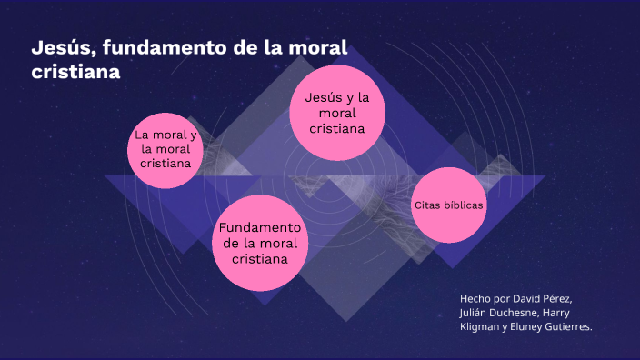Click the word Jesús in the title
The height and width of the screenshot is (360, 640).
[x=60, y=47]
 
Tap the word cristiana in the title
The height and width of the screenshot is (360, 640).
[x=76, y=71]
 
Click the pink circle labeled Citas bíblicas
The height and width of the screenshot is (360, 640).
[x=449, y=205]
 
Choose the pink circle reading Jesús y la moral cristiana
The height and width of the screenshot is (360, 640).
[x=336, y=112]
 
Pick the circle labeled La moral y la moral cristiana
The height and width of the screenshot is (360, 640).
[x=165, y=150]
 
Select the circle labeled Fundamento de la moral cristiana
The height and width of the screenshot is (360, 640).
[x=260, y=243]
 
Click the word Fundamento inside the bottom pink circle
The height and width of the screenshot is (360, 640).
[x=260, y=227]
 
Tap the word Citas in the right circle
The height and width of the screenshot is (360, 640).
[x=429, y=205]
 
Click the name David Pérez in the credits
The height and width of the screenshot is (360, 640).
[x=544, y=298]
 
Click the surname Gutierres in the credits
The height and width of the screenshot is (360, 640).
[x=570, y=327]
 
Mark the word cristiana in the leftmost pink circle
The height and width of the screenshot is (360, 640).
[x=165, y=164]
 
